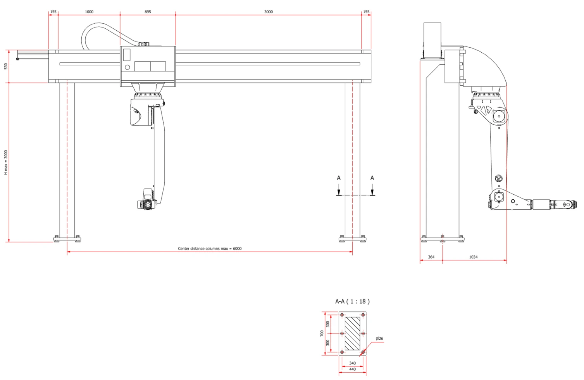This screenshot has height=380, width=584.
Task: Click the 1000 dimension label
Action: pos(89,12)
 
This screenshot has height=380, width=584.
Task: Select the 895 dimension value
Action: pos(148,12)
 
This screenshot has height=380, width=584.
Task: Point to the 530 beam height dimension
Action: pos(6,66)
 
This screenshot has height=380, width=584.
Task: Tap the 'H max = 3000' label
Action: pos(6,162)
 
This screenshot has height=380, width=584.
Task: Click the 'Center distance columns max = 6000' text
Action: pos(210,249)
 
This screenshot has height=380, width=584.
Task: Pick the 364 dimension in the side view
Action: pos(431,257)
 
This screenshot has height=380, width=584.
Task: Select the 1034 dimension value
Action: pos(473,257)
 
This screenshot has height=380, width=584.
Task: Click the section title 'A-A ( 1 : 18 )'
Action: pos(352,302)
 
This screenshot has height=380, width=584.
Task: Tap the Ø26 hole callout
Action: pos(379,339)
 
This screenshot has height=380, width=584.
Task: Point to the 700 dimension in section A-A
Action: pos(322,333)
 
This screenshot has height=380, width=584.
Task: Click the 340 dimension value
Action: pos(353,363)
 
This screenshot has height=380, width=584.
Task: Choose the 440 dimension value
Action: pos(353,369)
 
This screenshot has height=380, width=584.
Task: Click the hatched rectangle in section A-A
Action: pos(353,333)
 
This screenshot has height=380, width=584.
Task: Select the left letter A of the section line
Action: pos(339,178)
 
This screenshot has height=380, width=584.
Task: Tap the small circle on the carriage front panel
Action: pos(127,67)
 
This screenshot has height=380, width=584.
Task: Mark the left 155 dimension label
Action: pos(53,12)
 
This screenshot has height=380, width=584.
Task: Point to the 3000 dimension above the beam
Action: pos(269,12)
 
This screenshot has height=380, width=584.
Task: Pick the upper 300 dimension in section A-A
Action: pos(328,324)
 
